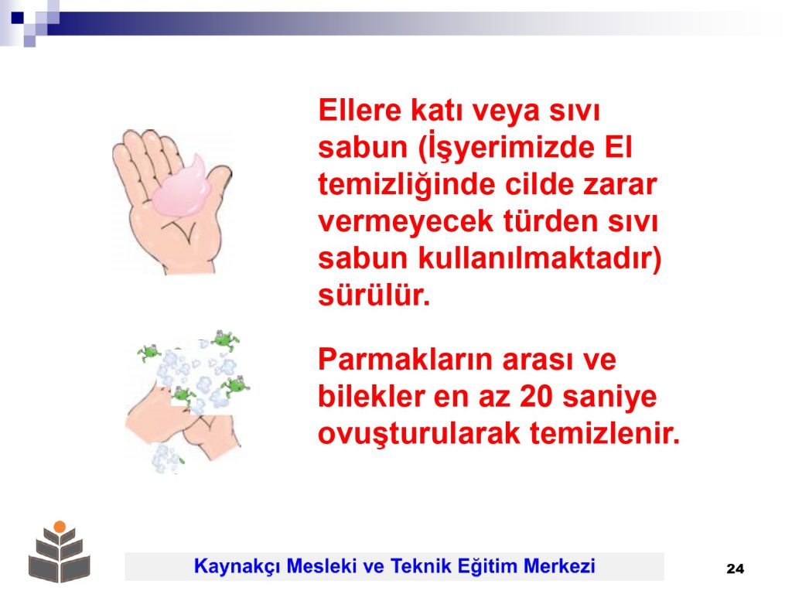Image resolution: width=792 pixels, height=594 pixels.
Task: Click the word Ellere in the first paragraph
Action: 360,110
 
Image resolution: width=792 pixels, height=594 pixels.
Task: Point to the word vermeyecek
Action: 405,220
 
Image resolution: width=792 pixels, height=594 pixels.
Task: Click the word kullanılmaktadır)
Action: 540,258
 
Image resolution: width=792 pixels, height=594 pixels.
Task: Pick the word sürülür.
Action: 374,295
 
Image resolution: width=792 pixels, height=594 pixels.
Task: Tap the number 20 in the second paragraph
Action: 536,397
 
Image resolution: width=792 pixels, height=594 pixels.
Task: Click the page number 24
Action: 735,568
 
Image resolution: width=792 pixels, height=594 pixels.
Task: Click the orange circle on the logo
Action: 60,526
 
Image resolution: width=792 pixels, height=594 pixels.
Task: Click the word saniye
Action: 609,398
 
